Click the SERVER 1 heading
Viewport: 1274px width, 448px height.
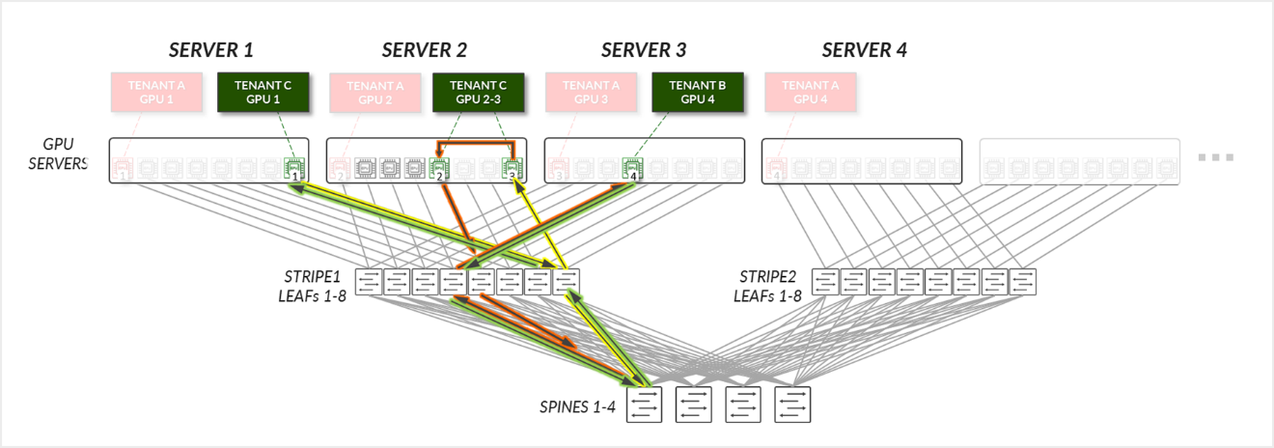(x=210, y=50)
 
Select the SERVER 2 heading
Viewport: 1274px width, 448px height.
(x=424, y=50)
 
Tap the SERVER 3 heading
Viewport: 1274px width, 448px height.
(x=644, y=50)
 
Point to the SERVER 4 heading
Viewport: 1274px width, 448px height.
(x=864, y=50)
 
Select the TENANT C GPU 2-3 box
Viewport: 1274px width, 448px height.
(x=478, y=92)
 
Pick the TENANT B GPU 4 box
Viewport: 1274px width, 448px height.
(x=698, y=92)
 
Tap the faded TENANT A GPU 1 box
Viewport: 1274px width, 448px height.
(x=156, y=92)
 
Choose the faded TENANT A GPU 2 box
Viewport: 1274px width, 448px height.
(x=375, y=92)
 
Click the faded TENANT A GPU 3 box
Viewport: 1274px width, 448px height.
(x=591, y=92)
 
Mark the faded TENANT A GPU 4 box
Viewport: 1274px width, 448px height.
(x=811, y=92)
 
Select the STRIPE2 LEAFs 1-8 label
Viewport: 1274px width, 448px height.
(x=768, y=286)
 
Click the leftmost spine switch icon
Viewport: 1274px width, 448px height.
(x=645, y=405)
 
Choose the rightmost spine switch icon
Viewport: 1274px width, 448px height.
(x=792, y=405)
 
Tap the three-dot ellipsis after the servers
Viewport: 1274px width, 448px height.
(x=1215, y=157)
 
